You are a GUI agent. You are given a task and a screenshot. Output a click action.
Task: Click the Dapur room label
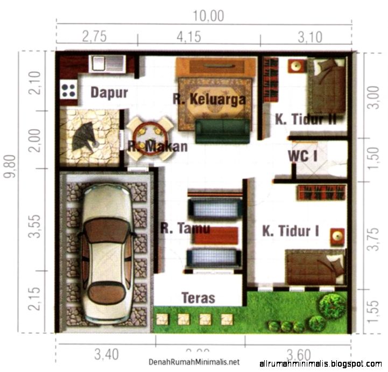(x=109, y=93)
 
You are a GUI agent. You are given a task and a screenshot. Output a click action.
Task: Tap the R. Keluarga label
(x=209, y=99)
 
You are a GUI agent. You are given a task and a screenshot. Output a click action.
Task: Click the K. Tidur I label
(x=290, y=231)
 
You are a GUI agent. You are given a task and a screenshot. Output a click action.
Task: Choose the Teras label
(x=198, y=298)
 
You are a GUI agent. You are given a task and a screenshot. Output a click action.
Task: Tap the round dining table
(x=150, y=139)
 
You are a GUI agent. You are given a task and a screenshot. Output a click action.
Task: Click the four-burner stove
(x=68, y=89)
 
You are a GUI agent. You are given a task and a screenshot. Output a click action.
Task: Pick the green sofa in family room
(x=223, y=131)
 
